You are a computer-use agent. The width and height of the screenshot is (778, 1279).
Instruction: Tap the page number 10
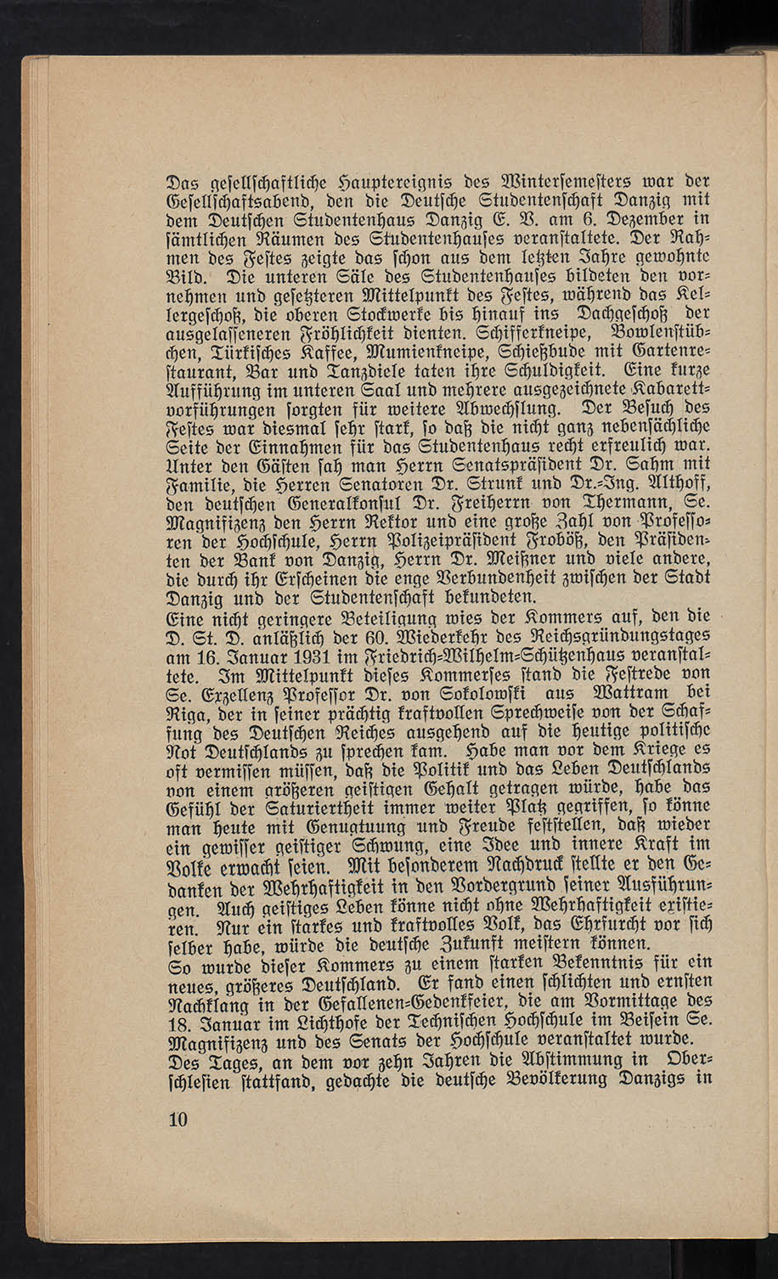click(x=178, y=1119)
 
